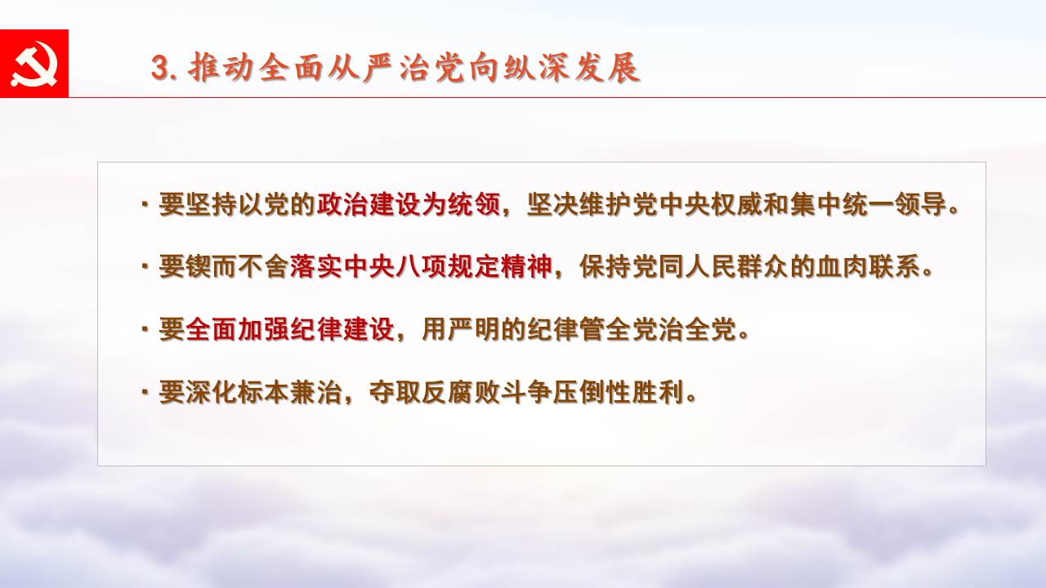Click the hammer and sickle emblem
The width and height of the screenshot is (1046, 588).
pos(34,64)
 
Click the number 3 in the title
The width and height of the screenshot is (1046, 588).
pos(159,68)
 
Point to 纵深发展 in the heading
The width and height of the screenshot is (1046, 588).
pos(570,68)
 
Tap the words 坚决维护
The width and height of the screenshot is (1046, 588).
pos(579,204)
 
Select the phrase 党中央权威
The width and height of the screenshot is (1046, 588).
pos(697,204)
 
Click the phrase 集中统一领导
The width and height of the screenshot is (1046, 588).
pos(868,204)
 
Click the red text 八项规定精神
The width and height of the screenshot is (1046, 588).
pos(473,266)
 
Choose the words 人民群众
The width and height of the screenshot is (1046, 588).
pos(736,266)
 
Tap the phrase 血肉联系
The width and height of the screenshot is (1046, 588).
pos(868,266)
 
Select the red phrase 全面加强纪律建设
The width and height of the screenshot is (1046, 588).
pos(289,329)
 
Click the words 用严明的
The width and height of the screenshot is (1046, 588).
pos(473,329)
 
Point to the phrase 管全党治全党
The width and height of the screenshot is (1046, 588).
pos(658,329)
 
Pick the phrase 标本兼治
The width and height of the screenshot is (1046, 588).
pos(289,391)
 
